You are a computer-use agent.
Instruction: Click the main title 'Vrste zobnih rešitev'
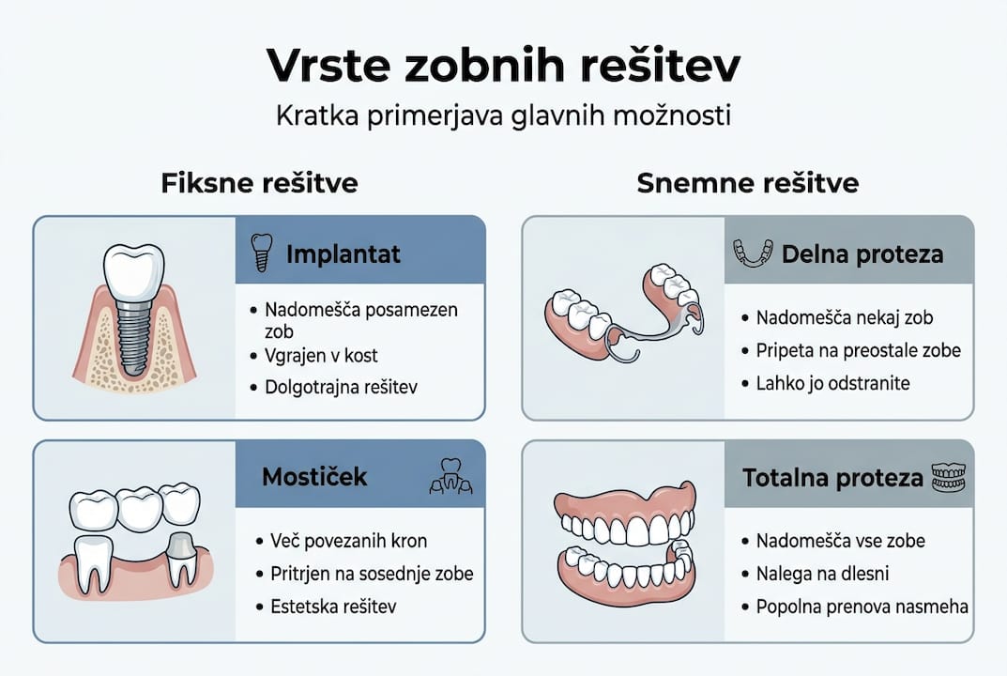[x=503, y=66]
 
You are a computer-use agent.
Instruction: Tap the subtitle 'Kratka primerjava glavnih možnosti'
[x=503, y=117]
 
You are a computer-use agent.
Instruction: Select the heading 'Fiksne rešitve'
[x=259, y=182]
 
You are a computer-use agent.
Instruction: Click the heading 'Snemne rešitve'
[x=747, y=182]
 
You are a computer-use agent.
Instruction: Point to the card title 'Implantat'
[x=343, y=253]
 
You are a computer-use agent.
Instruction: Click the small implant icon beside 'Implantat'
[x=261, y=253]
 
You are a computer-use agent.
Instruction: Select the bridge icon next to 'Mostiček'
[x=450, y=476]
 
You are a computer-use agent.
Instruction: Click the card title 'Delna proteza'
[x=862, y=253]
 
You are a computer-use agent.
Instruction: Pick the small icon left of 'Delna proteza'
[x=753, y=253]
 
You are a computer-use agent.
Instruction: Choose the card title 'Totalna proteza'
[x=832, y=477]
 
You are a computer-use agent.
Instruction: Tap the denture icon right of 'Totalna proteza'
[x=947, y=477]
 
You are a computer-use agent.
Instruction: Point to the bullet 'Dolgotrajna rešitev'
[x=341, y=387]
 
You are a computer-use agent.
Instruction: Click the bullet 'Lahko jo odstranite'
[x=833, y=383]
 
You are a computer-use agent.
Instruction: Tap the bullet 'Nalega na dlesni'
[x=822, y=573]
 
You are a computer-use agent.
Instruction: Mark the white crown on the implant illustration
[x=133, y=268]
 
